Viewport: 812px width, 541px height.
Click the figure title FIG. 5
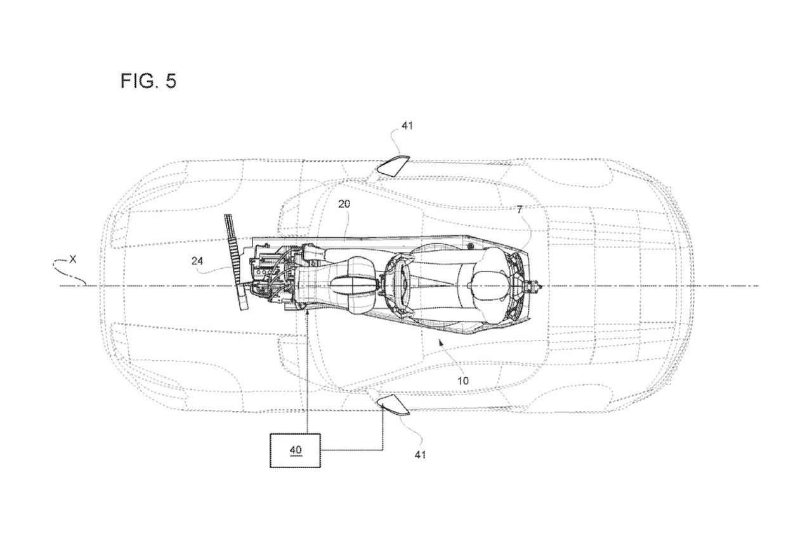point(148,81)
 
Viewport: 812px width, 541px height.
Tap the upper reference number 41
point(407,126)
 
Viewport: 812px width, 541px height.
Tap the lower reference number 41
point(420,454)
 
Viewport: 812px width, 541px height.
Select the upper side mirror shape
point(394,164)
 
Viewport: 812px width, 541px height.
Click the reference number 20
point(344,204)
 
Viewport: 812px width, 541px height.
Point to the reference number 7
point(520,209)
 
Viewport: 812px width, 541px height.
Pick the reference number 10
point(464,381)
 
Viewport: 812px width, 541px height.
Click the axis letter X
point(73,259)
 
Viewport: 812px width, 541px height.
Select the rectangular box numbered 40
point(296,450)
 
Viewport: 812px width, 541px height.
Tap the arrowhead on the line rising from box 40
point(306,314)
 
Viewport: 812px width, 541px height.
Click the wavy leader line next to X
point(74,271)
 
